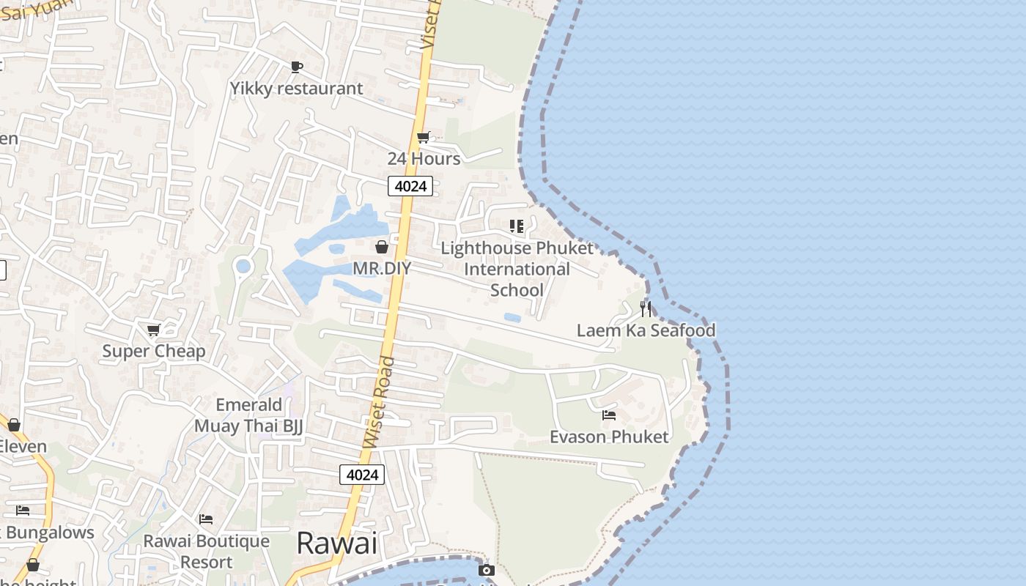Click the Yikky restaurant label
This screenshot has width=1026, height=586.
[296, 89]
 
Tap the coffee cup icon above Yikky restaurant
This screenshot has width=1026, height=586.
[296, 67]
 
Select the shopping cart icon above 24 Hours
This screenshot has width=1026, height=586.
[423, 137]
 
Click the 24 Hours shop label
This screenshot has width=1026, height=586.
[424, 159]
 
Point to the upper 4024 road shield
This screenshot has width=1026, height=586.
[410, 186]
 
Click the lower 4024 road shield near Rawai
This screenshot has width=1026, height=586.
[362, 475]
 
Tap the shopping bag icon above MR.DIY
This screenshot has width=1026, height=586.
[382, 247]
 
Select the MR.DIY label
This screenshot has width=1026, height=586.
[382, 269]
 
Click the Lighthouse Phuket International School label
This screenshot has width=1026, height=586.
[517, 270]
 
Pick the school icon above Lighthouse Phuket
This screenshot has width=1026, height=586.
[517, 226]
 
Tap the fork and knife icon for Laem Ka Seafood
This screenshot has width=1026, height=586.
[646, 308]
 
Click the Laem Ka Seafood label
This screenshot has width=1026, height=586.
[646, 330]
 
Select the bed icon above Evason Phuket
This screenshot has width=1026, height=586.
[609, 415]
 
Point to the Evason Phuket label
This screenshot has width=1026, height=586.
[609, 437]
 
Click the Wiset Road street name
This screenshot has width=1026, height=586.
[379, 402]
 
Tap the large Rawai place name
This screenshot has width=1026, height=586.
[337, 544]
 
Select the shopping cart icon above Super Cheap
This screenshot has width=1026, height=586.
[154, 330]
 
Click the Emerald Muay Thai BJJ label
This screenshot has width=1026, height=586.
[248, 415]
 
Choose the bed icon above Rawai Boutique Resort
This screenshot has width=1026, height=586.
[206, 519]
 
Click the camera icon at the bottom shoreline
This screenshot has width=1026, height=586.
[487, 570]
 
